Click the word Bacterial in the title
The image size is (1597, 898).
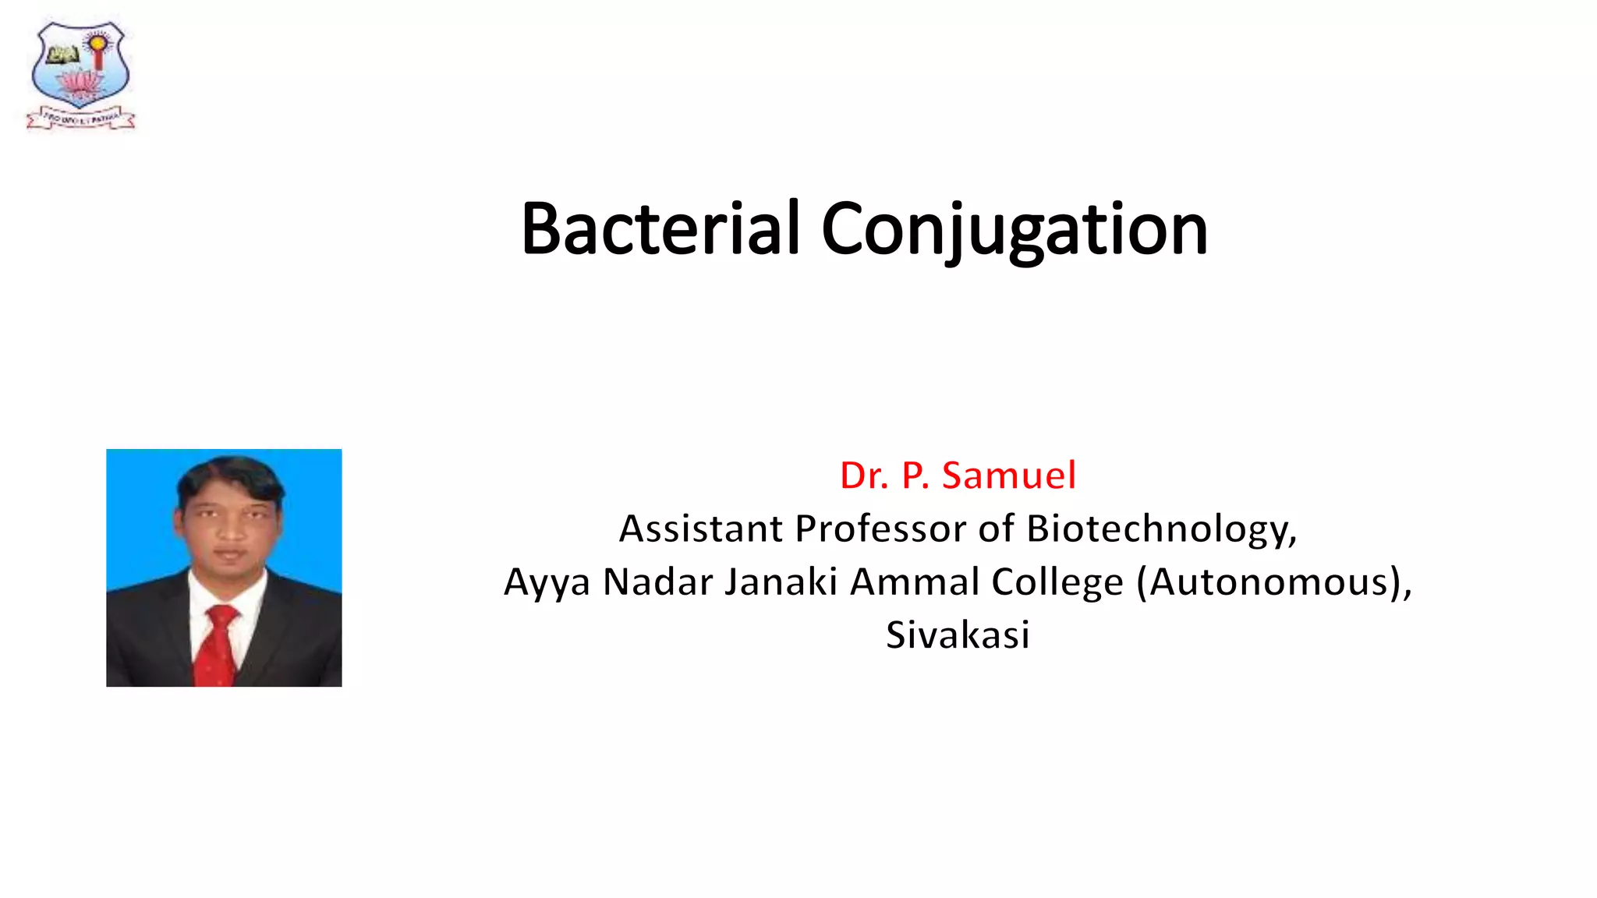click(x=660, y=228)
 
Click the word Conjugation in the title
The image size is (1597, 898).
click(x=1014, y=230)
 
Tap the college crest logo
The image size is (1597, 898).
click(x=80, y=74)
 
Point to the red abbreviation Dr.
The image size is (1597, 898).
click(x=864, y=476)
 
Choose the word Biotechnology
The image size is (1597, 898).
click(x=1161, y=530)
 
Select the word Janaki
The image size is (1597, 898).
click(x=781, y=582)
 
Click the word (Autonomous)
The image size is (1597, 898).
click(x=1273, y=583)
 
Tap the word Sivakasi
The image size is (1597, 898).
click(x=958, y=635)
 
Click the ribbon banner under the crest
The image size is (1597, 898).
click(x=80, y=118)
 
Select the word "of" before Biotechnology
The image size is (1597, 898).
click(x=997, y=529)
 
